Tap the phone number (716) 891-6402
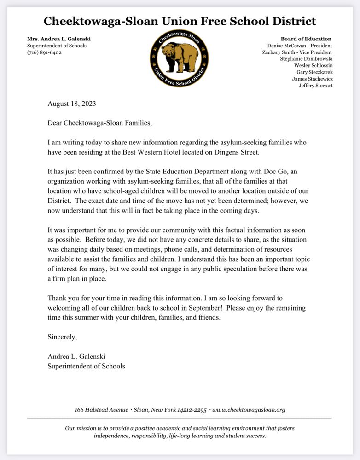click(x=45, y=52)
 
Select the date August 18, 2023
click(x=72, y=103)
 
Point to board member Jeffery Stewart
click(x=315, y=86)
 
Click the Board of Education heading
click(x=306, y=39)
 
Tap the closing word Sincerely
click(x=62, y=337)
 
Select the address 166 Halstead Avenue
click(x=102, y=409)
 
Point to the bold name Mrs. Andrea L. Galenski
click(x=59, y=39)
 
